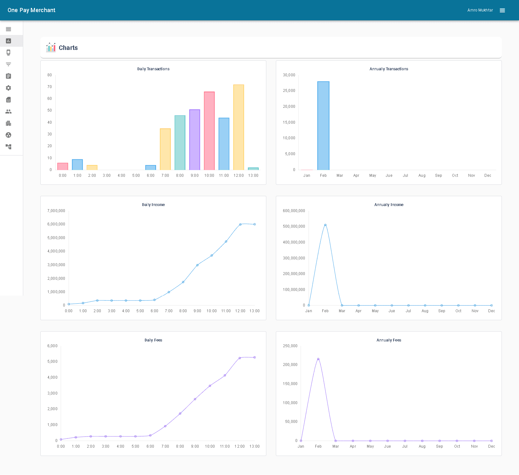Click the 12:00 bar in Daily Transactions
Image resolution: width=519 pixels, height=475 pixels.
[x=238, y=127]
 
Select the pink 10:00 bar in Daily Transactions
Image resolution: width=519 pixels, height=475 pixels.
[x=209, y=131]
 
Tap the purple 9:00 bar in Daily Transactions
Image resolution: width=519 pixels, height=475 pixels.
[x=195, y=140]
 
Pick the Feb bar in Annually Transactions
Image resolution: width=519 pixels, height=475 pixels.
[x=323, y=126]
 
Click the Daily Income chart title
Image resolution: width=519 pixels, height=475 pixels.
[x=153, y=205]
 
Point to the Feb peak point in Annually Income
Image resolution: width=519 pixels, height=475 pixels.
[x=325, y=225]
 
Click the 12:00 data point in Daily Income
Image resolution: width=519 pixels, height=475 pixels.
[x=240, y=224]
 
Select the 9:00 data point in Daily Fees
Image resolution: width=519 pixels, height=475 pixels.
[x=195, y=399]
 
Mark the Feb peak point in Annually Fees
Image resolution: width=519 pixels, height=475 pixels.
[x=318, y=359]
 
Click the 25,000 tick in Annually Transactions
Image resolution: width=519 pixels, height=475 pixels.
[x=289, y=91]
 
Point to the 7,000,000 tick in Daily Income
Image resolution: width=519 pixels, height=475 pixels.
[x=56, y=211]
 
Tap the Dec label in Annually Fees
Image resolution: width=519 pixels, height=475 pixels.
[x=491, y=446]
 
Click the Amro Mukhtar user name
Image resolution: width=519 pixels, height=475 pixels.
[x=480, y=10]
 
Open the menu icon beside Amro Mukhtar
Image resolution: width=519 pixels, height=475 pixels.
[x=502, y=10]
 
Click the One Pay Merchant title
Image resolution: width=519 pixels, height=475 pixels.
[x=31, y=10]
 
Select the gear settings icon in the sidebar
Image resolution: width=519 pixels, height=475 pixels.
[x=9, y=88]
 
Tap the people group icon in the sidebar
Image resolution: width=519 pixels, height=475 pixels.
[x=9, y=112]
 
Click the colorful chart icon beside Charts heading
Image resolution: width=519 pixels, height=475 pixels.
[x=51, y=48]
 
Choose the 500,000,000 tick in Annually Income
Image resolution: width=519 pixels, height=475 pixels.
[x=294, y=226]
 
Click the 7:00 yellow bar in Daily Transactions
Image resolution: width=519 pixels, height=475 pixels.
[x=165, y=149]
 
